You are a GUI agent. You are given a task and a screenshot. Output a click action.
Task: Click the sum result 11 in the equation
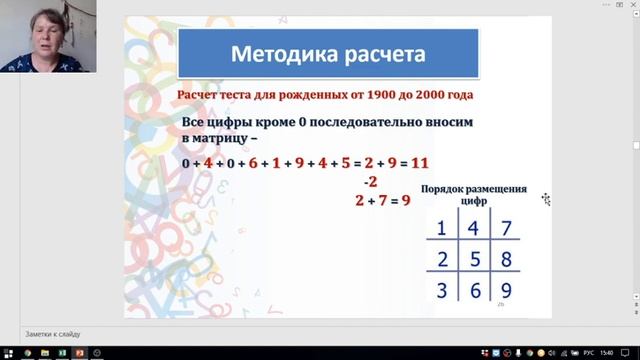click(420, 161)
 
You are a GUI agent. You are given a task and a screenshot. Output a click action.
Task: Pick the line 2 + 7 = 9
click(383, 201)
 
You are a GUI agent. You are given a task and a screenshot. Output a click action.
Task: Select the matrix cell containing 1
click(440, 229)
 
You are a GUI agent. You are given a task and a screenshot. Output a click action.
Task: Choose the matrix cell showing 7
click(506, 229)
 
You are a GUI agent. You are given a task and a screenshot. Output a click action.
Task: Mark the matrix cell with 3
click(440, 292)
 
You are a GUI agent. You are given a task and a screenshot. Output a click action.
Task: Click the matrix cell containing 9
click(506, 292)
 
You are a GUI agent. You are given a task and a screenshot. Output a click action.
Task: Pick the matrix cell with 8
click(506, 261)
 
